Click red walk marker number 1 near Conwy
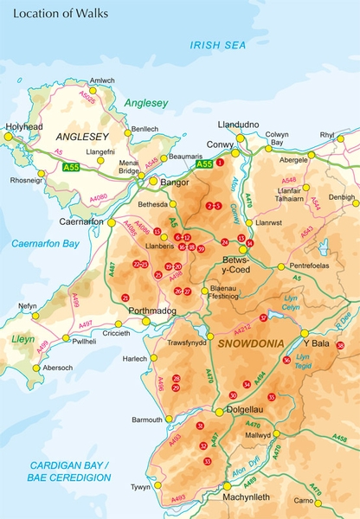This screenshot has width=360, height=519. (x=220, y=162)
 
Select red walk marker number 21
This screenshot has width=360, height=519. (x=125, y=298)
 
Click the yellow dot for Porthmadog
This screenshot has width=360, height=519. (x=145, y=321)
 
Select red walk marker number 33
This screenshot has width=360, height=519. (x=207, y=461)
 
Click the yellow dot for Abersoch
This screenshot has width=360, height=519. (x=36, y=368)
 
